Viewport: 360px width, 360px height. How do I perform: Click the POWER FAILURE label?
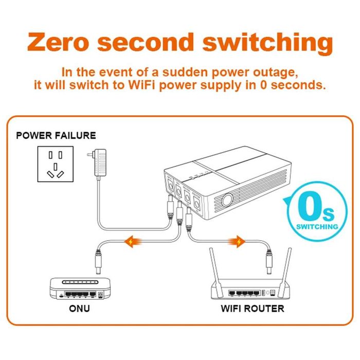point(56,136)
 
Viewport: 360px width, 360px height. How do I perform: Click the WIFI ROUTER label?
point(252,309)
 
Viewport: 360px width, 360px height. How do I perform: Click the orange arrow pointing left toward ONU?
point(135,240)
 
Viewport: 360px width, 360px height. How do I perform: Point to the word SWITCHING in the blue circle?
point(318,226)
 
